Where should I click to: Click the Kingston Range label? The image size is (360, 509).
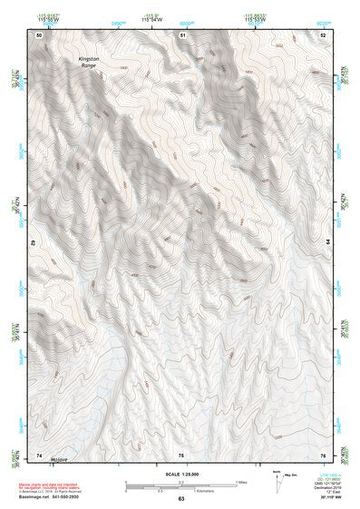[x=87, y=63]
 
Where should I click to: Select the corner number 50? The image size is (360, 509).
[x=38, y=34]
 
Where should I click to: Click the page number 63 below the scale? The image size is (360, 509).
[x=181, y=499]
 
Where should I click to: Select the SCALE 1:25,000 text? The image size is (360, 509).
[x=180, y=473]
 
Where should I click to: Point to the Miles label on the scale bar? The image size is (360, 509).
[x=243, y=481]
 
